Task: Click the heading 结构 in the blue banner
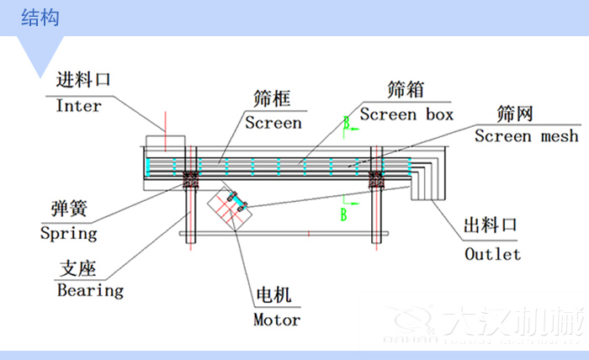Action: (40, 18)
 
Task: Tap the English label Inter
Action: (78, 106)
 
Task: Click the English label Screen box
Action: (406, 114)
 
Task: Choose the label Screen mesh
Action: (527, 136)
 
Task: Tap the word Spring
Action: (69, 233)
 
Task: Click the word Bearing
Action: (90, 290)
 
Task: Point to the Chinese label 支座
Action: (77, 268)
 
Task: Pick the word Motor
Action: (276, 320)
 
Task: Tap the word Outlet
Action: (492, 253)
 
